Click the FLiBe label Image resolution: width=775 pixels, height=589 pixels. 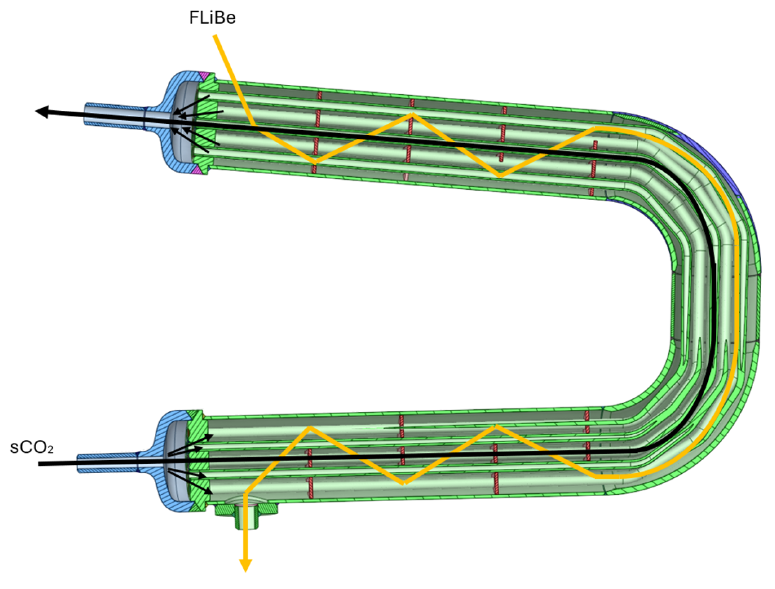pyautogui.click(x=212, y=18)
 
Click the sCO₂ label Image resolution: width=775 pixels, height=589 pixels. pyautogui.click(x=31, y=447)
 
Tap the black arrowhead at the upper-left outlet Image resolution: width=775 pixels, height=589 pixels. pyautogui.click(x=42, y=112)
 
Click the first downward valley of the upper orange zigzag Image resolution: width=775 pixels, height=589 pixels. pyautogui.click(x=315, y=163)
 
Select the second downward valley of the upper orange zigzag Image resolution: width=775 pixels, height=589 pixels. pyautogui.click(x=501, y=176)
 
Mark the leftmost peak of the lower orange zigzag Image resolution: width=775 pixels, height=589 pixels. pyautogui.click(x=310, y=427)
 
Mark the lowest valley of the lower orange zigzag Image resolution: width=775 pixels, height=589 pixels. pyautogui.click(x=404, y=484)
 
